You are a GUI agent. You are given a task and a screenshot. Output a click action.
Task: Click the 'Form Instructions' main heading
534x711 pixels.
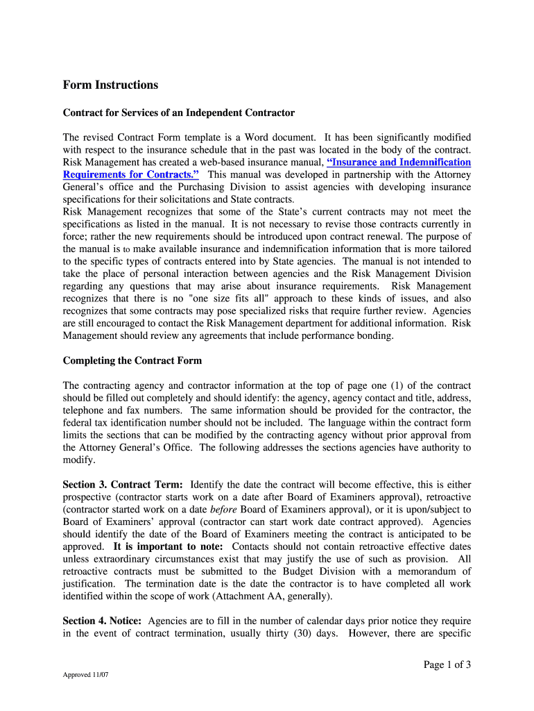tap(110, 85)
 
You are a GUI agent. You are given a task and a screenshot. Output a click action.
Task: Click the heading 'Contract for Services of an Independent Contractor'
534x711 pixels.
tap(179, 112)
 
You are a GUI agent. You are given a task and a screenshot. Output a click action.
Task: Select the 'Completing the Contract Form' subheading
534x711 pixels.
tap(132, 360)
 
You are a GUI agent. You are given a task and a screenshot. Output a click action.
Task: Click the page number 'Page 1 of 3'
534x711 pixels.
tap(447, 664)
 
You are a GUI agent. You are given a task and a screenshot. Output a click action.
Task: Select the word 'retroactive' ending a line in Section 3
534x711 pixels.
tap(447, 497)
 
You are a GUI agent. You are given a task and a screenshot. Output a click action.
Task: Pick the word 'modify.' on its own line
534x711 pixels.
tap(78, 460)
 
